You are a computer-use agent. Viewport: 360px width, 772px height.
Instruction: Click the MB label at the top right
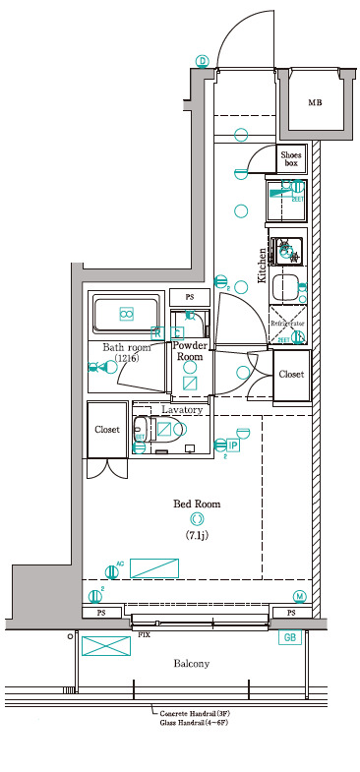click(315, 103)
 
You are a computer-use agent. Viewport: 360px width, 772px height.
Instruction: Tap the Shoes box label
click(291, 159)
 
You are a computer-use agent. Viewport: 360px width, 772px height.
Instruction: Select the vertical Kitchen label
click(263, 266)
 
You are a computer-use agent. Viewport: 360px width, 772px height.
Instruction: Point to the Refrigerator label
click(288, 323)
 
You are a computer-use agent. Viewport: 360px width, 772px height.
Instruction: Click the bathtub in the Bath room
click(126, 314)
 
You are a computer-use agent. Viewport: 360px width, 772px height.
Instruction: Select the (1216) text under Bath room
click(126, 359)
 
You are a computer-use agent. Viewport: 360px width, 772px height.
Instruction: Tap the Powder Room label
click(189, 351)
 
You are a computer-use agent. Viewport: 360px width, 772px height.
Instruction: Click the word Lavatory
click(182, 409)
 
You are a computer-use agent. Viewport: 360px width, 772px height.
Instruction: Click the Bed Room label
click(197, 504)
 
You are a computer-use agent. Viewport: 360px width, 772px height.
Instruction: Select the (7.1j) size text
click(197, 535)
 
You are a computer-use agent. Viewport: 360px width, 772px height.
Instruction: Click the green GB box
click(291, 637)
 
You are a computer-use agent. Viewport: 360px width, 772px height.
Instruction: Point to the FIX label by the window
click(144, 635)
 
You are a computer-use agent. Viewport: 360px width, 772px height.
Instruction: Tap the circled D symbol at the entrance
click(203, 60)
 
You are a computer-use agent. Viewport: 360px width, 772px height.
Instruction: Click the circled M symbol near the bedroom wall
click(299, 597)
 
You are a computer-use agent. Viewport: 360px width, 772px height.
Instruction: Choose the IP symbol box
click(232, 445)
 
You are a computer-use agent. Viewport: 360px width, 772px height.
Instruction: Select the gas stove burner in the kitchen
click(288, 251)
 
